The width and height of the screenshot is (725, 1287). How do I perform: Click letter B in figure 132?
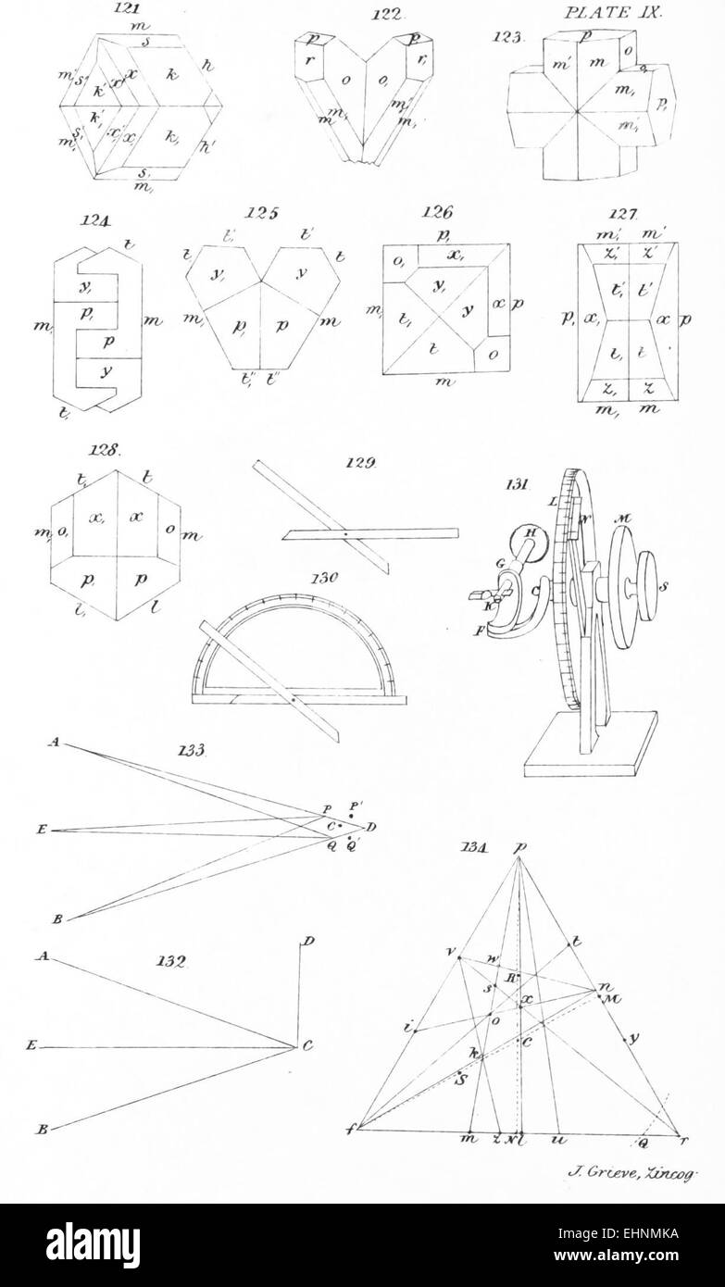[x=43, y=1131]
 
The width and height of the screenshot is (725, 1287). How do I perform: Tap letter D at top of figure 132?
[x=307, y=941]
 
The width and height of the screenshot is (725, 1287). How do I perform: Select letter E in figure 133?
[x=40, y=831]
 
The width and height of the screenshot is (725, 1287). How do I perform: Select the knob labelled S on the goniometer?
[x=658, y=586]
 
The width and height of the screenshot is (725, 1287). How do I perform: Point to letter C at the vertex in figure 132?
[x=307, y=1046]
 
